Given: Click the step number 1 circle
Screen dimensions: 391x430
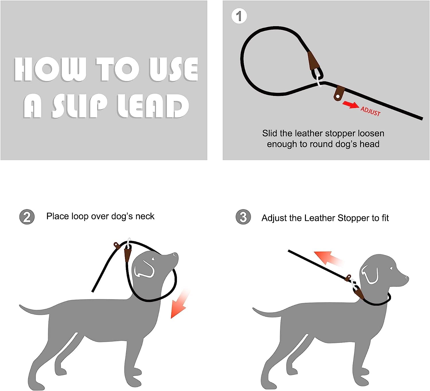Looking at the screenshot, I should [x=239, y=16].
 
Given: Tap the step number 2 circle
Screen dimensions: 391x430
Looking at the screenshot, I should [x=27, y=217].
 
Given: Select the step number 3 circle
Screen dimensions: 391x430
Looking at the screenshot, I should [x=243, y=217].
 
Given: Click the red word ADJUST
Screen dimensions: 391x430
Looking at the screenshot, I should [x=370, y=111].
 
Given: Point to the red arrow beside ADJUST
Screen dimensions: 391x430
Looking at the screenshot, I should [x=350, y=105].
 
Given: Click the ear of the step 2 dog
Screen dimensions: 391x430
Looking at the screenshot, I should [x=144, y=269].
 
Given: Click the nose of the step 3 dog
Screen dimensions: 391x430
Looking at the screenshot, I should [x=407, y=278].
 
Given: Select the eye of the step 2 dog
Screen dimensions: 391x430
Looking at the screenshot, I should [x=153, y=259].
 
